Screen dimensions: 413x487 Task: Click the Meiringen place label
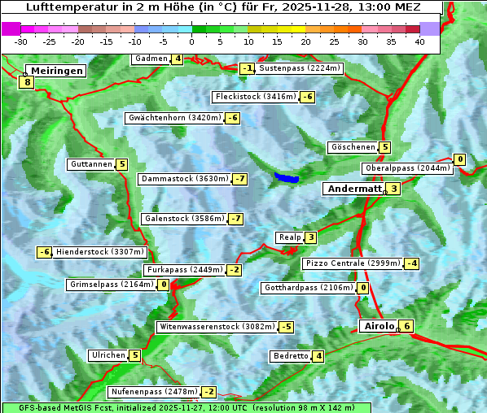pyautogui.click(x=55, y=71)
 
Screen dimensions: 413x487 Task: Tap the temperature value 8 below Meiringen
pyautogui.click(x=28, y=82)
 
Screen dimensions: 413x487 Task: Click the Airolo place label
pyautogui.click(x=379, y=326)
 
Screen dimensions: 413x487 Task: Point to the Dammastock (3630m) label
pyautogui.click(x=184, y=179)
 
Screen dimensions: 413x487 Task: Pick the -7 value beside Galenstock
pyautogui.click(x=235, y=219)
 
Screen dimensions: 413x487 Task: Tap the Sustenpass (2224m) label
pyautogui.click(x=300, y=68)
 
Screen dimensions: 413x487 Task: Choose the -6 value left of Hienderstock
pyautogui.click(x=45, y=252)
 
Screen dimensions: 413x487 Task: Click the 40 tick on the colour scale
pyautogui.click(x=419, y=41)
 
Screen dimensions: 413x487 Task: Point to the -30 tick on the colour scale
pyautogui.click(x=21, y=41)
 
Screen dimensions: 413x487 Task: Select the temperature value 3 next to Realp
pyautogui.click(x=311, y=237)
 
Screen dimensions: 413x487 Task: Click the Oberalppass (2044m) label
pyautogui.click(x=406, y=168)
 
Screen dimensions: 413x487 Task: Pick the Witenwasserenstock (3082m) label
pyautogui.click(x=216, y=327)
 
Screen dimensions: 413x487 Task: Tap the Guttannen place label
pyautogui.click(x=91, y=164)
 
